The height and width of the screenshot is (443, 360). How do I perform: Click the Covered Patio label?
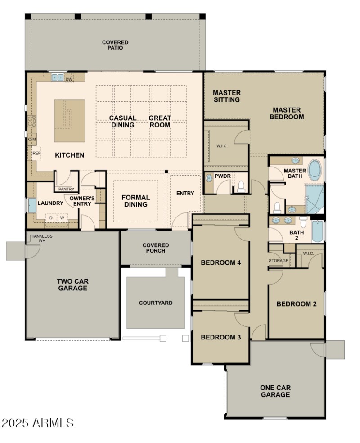pyautogui.click(x=115, y=45)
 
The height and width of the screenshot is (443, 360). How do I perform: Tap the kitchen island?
pyautogui.click(x=70, y=121)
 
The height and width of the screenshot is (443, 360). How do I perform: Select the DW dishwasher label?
pyautogui.click(x=69, y=80)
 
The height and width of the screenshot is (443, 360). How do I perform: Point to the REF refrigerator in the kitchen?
pyautogui.click(x=36, y=154)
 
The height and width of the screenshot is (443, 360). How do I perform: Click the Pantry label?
pyautogui.click(x=66, y=189)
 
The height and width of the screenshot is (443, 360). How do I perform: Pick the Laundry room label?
pyautogui.click(x=50, y=203)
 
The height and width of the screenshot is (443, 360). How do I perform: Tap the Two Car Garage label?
pyautogui.click(x=72, y=285)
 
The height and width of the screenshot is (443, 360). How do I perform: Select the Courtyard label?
pyautogui.click(x=155, y=303)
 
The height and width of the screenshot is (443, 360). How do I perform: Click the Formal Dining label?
pyautogui.click(x=136, y=201)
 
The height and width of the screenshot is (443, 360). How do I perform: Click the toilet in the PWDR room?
pyautogui.click(x=241, y=185)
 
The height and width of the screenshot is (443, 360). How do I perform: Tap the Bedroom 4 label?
pyautogui.click(x=221, y=262)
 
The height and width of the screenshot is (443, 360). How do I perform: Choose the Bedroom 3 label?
pyautogui.click(x=218, y=337)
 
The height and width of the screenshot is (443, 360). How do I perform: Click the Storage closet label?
pyautogui.click(x=279, y=261)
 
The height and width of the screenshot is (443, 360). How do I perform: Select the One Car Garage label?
pyautogui.click(x=275, y=391)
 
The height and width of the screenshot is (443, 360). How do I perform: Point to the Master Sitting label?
pyautogui.click(x=226, y=96)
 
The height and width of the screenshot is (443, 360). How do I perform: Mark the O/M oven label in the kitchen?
pyautogui.click(x=31, y=140)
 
